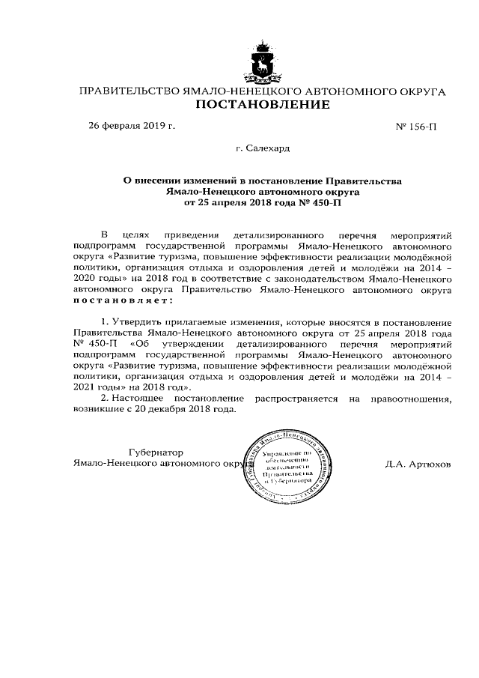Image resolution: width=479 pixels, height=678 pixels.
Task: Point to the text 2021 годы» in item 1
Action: point(100,387)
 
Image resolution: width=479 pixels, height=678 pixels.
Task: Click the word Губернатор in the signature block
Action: point(156,452)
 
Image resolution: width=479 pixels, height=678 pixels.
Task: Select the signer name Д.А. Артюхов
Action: point(418,464)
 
